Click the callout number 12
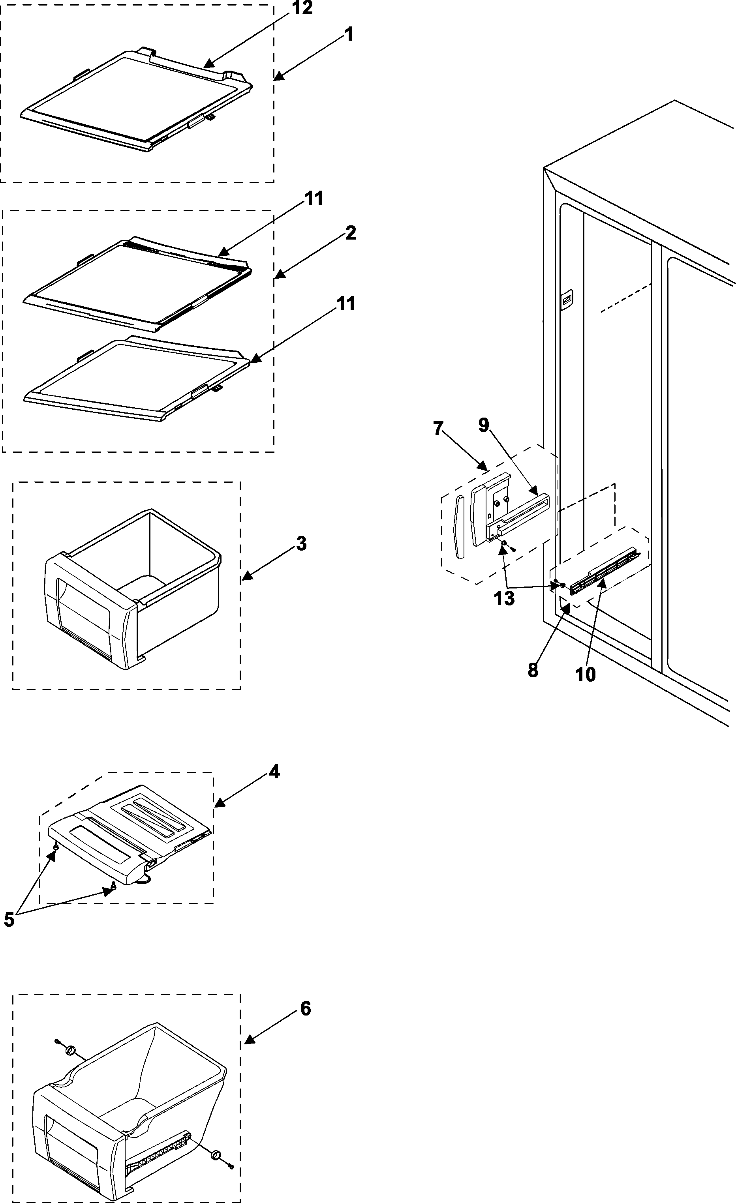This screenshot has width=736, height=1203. pyautogui.click(x=302, y=8)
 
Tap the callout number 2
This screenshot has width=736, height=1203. pyautogui.click(x=350, y=233)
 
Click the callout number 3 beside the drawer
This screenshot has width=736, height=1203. pyautogui.click(x=301, y=543)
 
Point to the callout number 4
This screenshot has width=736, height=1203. pyautogui.click(x=274, y=772)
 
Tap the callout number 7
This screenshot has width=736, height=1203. pyautogui.click(x=437, y=428)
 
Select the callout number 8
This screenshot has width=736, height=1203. pyautogui.click(x=533, y=670)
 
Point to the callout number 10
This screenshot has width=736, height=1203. pyautogui.click(x=585, y=675)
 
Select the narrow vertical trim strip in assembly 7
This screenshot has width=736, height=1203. pyautogui.click(x=458, y=527)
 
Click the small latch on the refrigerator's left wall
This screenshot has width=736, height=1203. pyautogui.click(x=567, y=299)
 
